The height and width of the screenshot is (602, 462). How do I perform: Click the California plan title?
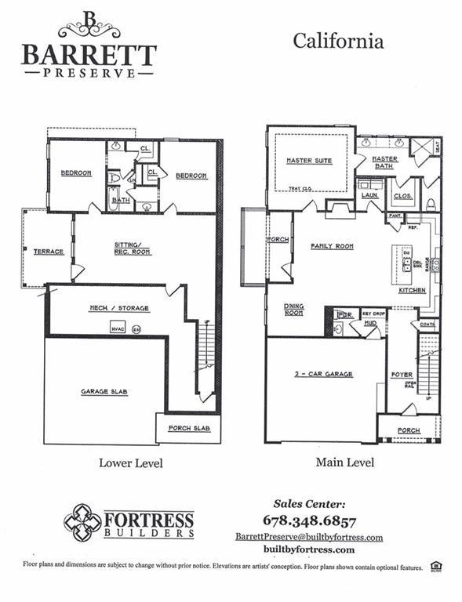(338, 41)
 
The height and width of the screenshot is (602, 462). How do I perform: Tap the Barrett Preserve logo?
(89, 45)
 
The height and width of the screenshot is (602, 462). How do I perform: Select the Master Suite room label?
(309, 161)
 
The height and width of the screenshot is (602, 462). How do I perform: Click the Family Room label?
(332, 246)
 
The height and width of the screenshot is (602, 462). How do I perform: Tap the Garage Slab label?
(104, 391)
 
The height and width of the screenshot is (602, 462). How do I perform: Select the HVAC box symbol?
(118, 328)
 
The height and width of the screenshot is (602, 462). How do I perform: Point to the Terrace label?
(49, 252)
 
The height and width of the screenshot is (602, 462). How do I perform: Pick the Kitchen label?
(412, 290)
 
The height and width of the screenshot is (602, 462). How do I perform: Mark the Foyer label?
(402, 375)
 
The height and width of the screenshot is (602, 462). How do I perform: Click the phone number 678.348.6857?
(309, 520)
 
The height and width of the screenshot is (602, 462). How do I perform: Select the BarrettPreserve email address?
(309, 537)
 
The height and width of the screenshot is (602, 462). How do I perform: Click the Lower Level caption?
(131, 463)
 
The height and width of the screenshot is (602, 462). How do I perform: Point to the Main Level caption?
(345, 462)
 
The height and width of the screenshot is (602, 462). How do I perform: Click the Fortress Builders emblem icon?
(82, 522)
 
